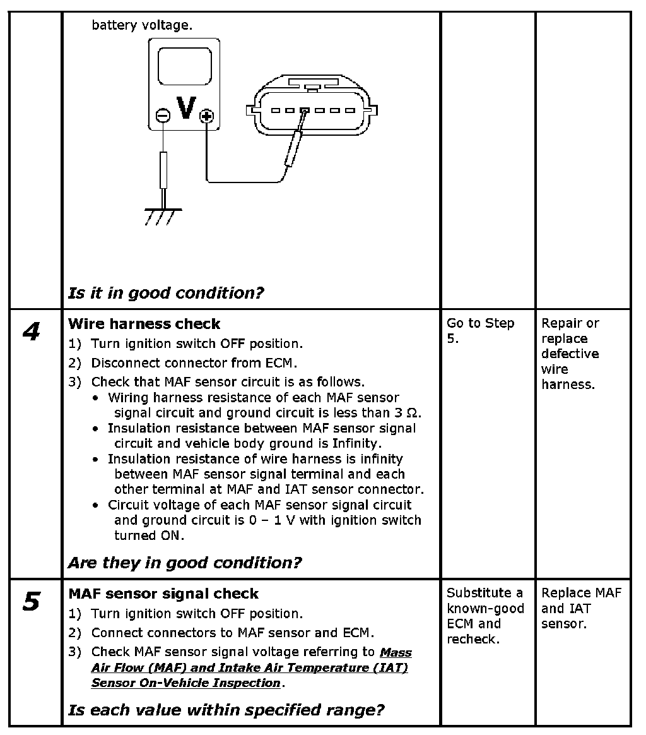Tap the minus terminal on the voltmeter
pyautogui.click(x=163, y=116)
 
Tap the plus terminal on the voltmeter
pyautogui.click(x=206, y=116)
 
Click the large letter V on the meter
pyautogui.click(x=185, y=108)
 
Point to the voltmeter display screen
pyautogui.click(x=184, y=66)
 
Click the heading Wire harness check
pyautogui.click(x=144, y=325)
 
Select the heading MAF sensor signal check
pyautogui.click(x=163, y=594)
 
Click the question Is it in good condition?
pyautogui.click(x=166, y=293)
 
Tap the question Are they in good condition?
pyautogui.click(x=185, y=563)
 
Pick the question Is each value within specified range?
pyautogui.click(x=226, y=710)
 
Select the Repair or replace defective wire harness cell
pyautogui.click(x=570, y=354)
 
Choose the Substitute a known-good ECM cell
pyautogui.click(x=485, y=616)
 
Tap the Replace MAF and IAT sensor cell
pyautogui.click(x=581, y=608)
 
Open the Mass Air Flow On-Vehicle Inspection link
pyautogui.click(x=251, y=667)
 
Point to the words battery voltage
pyautogui.click(x=141, y=26)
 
